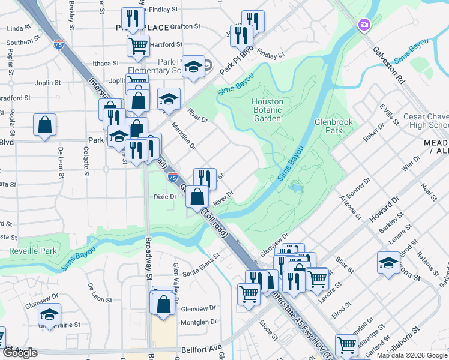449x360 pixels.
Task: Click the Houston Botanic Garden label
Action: pos(267,110)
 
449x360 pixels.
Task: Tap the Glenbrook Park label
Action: pos(333,125)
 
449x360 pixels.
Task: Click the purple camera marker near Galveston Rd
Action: pos(363,25)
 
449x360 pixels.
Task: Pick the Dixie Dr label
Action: pos(164,196)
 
